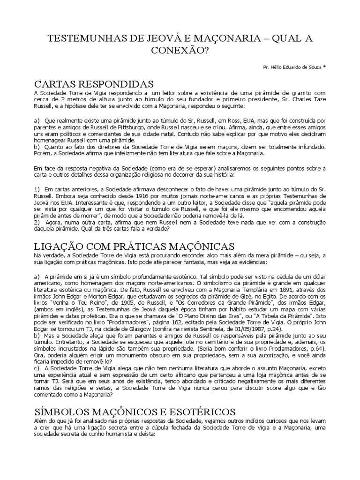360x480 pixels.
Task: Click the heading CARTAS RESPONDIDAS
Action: [x=94, y=84]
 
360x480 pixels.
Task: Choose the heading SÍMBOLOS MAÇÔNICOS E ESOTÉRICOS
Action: [x=135, y=412]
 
